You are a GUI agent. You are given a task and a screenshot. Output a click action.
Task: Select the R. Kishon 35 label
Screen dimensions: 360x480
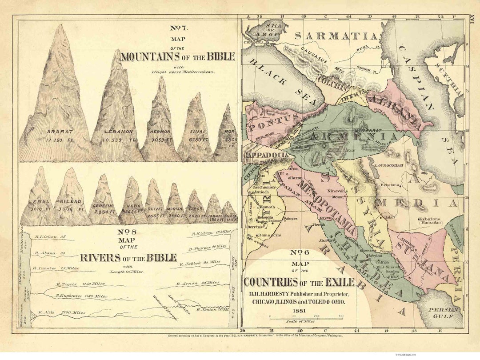click(52, 236)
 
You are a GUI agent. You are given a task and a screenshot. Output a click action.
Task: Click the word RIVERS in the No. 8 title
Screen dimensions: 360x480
click(98, 258)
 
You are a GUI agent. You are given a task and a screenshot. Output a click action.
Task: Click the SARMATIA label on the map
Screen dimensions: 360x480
click(336, 36)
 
